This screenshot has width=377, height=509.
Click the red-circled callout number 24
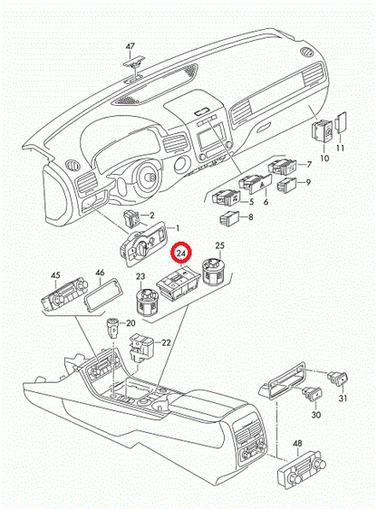(x=183, y=254)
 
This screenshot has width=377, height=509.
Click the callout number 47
(x=130, y=45)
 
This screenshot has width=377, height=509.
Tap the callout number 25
(x=218, y=246)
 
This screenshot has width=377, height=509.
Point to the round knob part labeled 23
(x=146, y=302)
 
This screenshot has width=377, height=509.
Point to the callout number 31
(x=343, y=400)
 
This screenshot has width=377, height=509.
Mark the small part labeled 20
(x=114, y=327)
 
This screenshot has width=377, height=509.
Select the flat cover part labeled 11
(x=339, y=125)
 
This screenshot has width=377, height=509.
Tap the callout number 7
(x=307, y=164)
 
